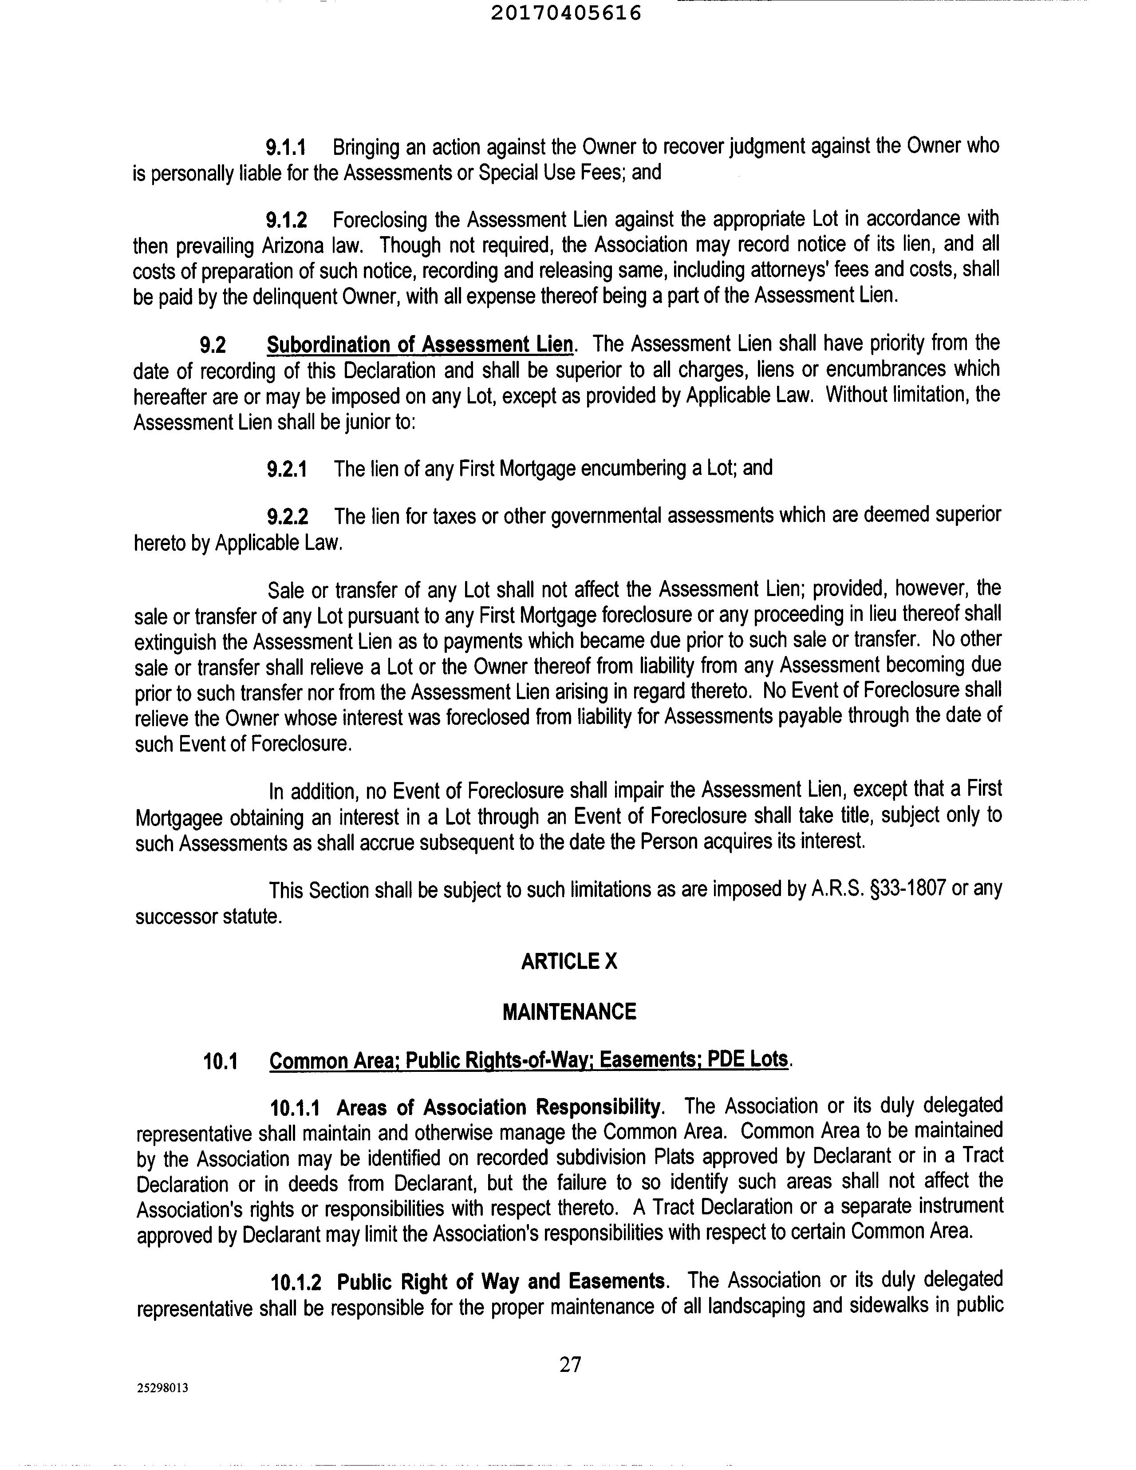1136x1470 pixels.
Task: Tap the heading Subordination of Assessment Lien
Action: point(421,344)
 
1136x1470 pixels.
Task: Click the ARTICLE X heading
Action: point(569,961)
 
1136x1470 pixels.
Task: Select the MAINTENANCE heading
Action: point(569,1011)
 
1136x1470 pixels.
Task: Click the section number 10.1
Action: point(221,1061)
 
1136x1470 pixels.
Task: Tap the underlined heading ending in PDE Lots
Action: point(529,1061)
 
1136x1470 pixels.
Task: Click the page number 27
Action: point(569,1364)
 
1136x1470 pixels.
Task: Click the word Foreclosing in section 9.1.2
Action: point(380,219)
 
